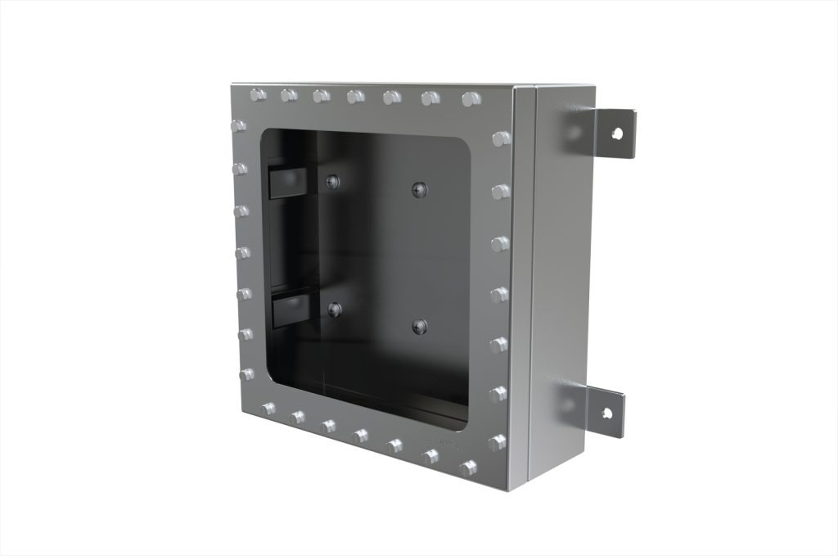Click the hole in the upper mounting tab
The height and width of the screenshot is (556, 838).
(x=618, y=132)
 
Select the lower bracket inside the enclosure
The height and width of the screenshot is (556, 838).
(x=288, y=310)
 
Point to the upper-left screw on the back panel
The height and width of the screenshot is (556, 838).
(x=332, y=182)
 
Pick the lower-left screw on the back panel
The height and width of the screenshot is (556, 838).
(x=334, y=309)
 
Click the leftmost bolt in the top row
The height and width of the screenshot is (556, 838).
(x=258, y=94)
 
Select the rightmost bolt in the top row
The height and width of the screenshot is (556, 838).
(x=471, y=99)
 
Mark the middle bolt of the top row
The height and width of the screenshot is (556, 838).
(x=355, y=97)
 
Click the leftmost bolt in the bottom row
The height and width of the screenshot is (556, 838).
(x=268, y=409)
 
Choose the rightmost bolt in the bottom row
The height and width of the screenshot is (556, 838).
(x=468, y=468)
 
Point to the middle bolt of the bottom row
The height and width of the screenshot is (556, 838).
(x=360, y=436)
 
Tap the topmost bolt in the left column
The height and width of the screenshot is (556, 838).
(x=238, y=127)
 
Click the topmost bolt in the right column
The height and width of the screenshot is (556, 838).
(x=501, y=138)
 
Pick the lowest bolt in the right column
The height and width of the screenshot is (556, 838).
(x=497, y=442)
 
